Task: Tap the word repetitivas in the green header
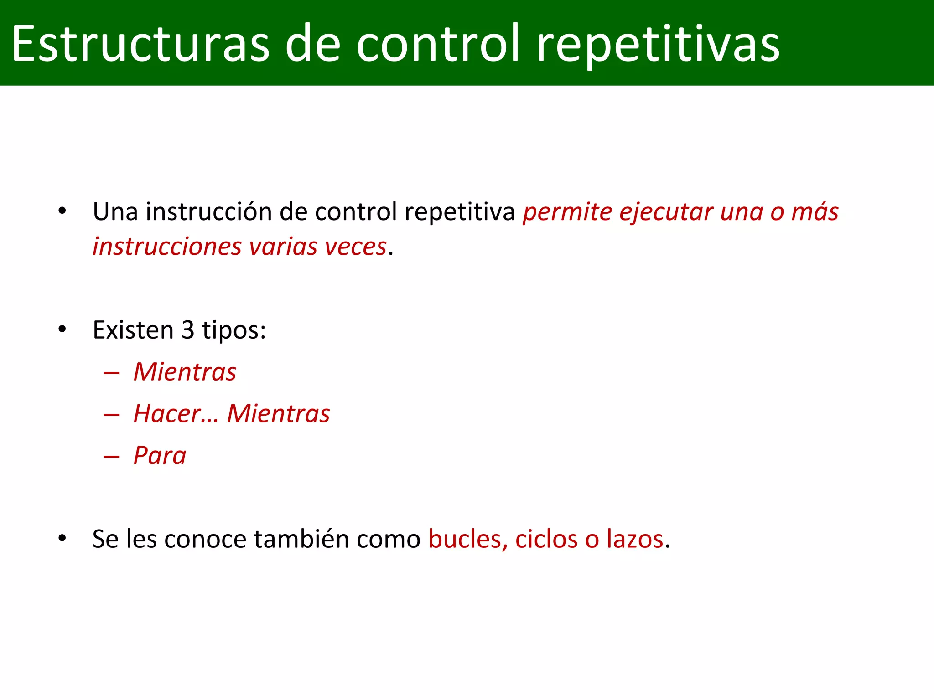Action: click(658, 45)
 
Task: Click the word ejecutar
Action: click(666, 212)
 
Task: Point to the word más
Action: click(815, 212)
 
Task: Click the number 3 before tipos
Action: click(188, 330)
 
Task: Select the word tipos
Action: click(234, 330)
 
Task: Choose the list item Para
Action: click(160, 456)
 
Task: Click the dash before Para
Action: click(112, 456)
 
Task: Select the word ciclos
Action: click(546, 539)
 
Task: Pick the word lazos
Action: click(634, 539)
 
